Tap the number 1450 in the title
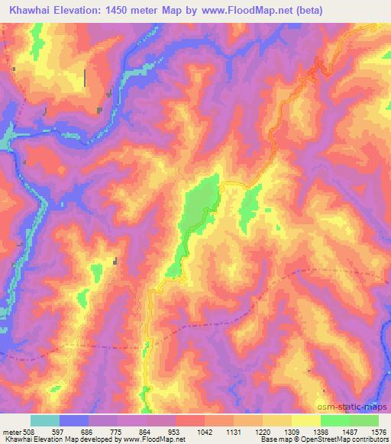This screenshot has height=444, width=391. point(134,11)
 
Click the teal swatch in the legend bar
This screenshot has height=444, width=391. point(45,420)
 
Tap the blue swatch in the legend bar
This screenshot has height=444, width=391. point(74,420)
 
